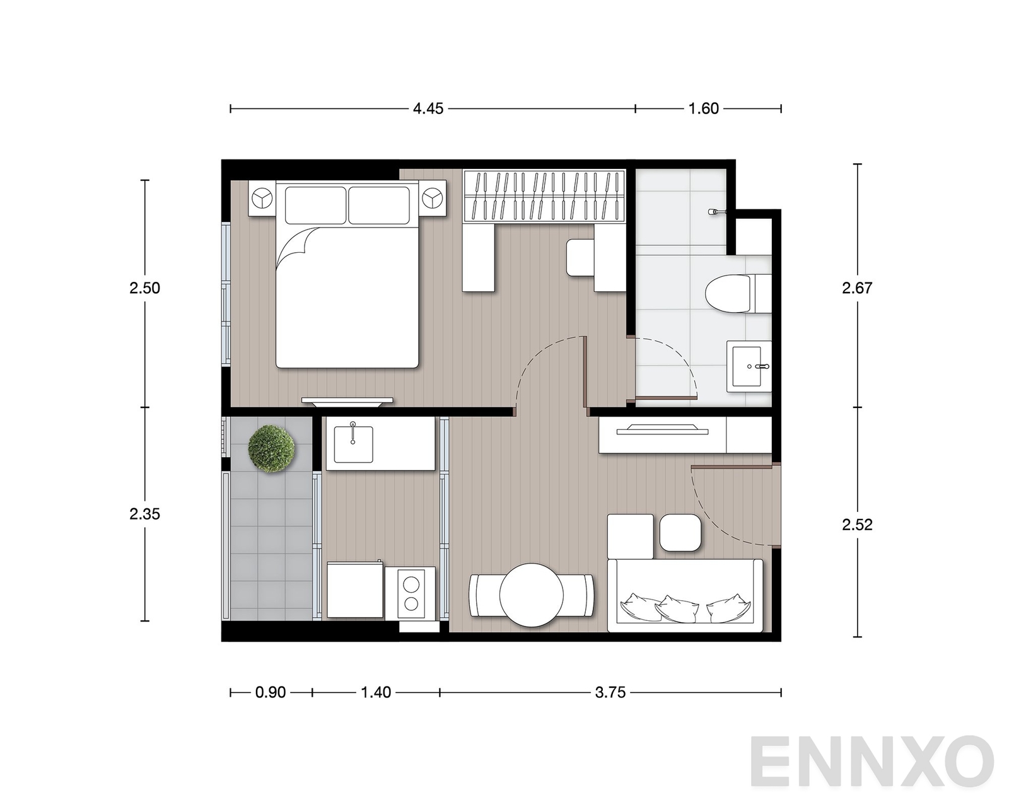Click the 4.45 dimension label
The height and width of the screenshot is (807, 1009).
[428, 109]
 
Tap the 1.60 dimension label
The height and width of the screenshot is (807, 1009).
[703, 109]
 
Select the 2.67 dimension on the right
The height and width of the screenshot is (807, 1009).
[856, 288]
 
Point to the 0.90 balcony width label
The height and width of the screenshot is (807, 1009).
[271, 692]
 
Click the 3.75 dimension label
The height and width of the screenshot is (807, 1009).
[610, 692]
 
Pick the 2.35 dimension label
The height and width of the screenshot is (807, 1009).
[145, 514]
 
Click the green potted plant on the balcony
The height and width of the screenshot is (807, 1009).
[271, 448]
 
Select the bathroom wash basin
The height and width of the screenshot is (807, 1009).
[749, 366]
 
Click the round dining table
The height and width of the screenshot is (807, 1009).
[531, 595]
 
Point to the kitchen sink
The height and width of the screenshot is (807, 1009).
[353, 444]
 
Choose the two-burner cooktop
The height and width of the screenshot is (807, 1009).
[411, 594]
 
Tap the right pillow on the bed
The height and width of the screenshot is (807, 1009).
[379, 205]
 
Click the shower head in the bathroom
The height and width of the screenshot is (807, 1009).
[716, 212]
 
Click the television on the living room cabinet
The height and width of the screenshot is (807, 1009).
[662, 429]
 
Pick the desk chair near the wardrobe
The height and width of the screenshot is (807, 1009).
[580, 257]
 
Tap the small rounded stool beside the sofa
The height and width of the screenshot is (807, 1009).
[680, 533]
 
